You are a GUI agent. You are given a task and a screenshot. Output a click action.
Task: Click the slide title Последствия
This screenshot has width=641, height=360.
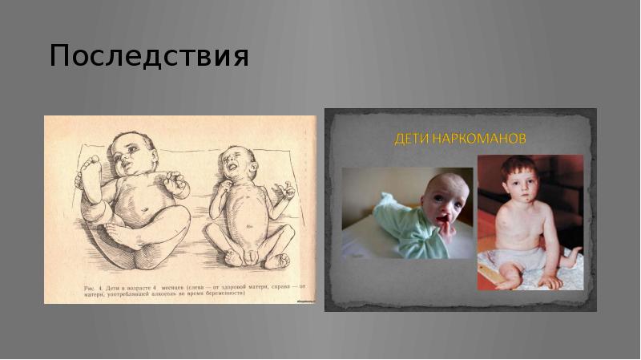[x=149, y=57]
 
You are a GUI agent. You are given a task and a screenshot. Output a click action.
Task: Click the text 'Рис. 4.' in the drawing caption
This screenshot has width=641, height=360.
[x=95, y=285]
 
